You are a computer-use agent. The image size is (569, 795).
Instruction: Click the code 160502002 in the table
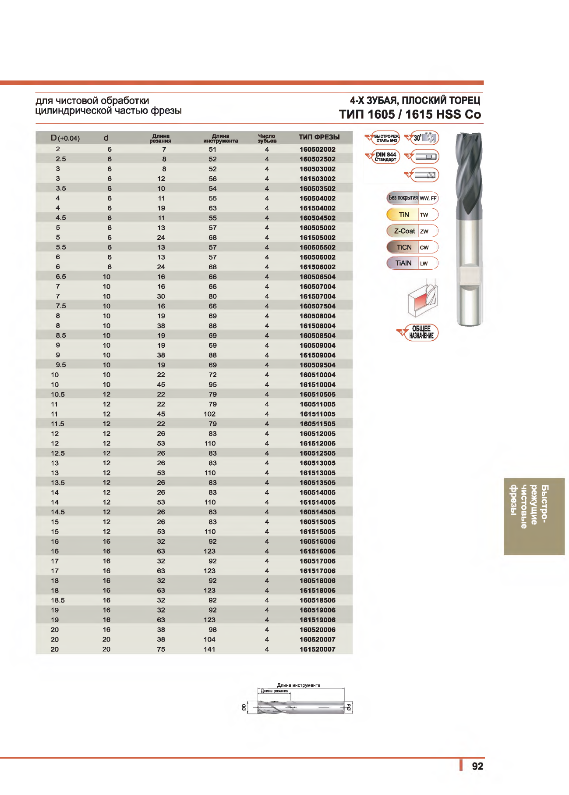tap(317, 150)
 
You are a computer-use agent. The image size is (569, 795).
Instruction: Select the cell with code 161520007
tap(317, 649)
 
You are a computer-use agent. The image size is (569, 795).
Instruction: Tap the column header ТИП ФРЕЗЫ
tap(319, 137)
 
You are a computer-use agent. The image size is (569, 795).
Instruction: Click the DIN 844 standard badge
tap(384, 157)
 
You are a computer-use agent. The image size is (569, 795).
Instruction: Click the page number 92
tap(477, 766)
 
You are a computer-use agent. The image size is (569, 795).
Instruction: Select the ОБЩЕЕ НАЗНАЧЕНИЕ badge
tap(420, 332)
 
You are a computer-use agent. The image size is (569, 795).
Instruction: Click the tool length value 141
tap(210, 649)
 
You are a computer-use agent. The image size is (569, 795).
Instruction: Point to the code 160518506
tap(317, 600)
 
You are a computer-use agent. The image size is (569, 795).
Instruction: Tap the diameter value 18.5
tap(58, 600)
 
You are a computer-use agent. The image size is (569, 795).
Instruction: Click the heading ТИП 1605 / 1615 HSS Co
tap(410, 114)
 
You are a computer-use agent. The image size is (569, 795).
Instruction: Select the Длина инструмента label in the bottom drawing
tap(298, 685)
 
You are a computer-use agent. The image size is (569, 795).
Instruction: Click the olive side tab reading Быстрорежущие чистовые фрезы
tap(534, 516)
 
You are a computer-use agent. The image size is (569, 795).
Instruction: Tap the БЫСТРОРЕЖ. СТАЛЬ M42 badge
tap(384, 138)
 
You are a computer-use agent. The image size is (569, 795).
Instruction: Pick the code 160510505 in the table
tap(317, 395)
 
